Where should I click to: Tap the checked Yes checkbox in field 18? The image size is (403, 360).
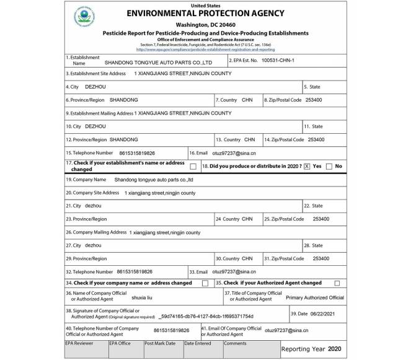click(306, 166)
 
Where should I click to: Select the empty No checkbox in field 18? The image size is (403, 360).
click(329, 166)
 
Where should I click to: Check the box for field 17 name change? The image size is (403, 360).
click(193, 166)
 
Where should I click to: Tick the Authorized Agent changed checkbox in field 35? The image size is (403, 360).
click(337, 283)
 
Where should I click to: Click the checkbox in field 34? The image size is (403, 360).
click(205, 283)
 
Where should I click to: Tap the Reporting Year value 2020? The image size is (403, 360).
click(334, 349)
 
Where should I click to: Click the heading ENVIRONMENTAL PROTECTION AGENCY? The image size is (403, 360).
click(205, 14)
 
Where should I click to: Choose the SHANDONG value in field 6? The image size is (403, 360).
click(123, 100)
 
